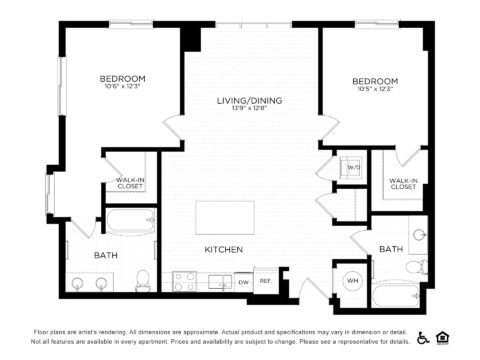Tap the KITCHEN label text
tap(224, 249)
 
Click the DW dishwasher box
tap(244, 282)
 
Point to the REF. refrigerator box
tap(266, 282)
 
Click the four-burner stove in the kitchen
tap(184, 281)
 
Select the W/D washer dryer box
tap(353, 167)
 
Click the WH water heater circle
tap(352, 281)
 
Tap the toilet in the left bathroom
tap(143, 279)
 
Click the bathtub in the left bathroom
tap(131, 222)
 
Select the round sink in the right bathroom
tap(419, 236)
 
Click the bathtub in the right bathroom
tap(400, 295)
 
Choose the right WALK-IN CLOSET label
tap(403, 183)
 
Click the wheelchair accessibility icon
tap(423, 337)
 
